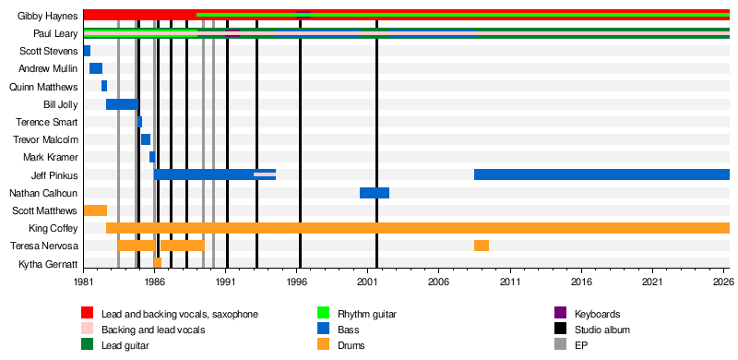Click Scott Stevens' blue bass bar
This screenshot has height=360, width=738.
click(87, 51)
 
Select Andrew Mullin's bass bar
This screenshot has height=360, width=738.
click(96, 68)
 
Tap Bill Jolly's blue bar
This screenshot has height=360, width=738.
click(122, 104)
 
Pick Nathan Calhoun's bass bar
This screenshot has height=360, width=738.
click(375, 193)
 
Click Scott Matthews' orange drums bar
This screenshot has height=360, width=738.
click(96, 210)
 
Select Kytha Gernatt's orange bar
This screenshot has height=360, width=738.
click(158, 263)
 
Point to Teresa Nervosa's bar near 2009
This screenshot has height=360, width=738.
click(482, 246)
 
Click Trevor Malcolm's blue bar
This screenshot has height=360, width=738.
click(146, 139)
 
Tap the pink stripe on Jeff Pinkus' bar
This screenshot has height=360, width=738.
click(265, 174)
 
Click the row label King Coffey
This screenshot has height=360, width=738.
click(53, 229)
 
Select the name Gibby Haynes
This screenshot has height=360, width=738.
click(48, 16)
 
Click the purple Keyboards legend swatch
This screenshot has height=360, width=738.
click(561, 313)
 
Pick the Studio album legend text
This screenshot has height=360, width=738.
click(602, 330)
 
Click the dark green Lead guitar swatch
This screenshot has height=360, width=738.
click(87, 345)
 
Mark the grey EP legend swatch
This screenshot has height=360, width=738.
click(561, 345)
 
